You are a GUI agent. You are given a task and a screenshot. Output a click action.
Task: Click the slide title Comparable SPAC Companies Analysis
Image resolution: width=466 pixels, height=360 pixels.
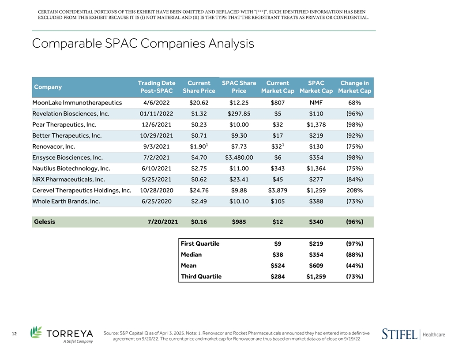143,44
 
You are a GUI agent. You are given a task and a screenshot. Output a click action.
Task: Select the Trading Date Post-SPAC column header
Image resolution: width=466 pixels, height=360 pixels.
156,87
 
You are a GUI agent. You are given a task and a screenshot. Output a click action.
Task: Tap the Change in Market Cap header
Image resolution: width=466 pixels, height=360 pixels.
354,87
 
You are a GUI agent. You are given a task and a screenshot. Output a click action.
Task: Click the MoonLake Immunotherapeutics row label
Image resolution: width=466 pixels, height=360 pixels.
77,103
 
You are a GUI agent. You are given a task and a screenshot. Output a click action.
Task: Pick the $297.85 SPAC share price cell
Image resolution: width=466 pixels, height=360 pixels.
239,114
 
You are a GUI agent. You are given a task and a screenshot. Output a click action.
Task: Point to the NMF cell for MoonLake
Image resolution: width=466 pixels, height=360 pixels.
316,103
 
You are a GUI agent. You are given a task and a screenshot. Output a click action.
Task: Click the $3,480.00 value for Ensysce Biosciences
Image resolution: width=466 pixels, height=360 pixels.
239,157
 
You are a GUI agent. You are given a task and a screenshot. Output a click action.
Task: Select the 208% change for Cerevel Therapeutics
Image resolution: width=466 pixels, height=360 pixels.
355,190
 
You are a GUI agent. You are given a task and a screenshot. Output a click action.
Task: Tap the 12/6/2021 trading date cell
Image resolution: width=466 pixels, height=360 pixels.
156,125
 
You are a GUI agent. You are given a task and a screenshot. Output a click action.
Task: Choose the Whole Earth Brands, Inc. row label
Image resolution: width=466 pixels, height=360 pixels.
66,201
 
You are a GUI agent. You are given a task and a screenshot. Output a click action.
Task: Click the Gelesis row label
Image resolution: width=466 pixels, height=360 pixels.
44,221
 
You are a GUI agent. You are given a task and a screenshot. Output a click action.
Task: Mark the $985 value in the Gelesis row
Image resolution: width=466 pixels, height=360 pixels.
239,221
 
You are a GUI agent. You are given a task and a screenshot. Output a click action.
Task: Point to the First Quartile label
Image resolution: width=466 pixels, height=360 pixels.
200,244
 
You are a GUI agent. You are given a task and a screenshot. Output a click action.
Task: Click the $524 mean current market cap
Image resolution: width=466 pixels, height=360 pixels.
278,266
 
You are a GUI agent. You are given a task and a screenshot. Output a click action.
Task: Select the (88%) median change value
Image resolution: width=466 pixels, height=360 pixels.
355,255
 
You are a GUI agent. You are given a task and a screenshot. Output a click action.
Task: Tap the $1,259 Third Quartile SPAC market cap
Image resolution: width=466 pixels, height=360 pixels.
316,277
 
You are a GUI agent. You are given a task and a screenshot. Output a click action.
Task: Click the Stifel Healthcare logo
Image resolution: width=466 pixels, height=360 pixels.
413,334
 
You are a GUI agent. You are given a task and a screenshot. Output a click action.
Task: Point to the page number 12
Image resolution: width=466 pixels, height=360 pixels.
14,334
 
